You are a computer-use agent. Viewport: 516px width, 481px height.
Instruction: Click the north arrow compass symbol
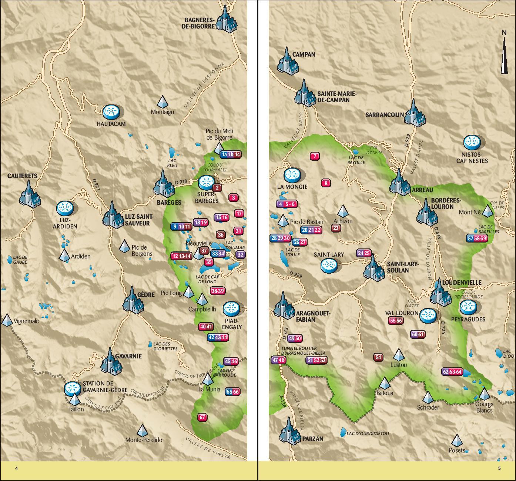coord(504,53)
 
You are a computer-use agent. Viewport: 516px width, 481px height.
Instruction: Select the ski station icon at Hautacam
coord(111,112)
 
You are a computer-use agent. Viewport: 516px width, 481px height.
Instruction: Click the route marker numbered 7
coord(315,156)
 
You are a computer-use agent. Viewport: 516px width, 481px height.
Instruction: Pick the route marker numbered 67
coord(202,417)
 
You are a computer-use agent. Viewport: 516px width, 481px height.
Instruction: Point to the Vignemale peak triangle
coord(7,320)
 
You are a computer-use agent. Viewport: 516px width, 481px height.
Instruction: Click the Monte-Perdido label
coord(144,440)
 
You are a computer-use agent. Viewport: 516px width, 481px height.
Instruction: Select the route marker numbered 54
coord(378,357)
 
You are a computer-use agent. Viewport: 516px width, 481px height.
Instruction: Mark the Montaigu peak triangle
coord(162,101)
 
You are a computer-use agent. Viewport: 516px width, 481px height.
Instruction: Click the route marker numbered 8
coord(326,183)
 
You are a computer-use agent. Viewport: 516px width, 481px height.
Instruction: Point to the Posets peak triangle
coord(457,440)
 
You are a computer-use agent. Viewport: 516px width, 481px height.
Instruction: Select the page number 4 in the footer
coord(16,468)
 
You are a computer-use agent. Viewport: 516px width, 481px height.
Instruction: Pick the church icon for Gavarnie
coord(111,361)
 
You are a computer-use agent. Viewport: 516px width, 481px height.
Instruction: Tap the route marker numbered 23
coord(336,228)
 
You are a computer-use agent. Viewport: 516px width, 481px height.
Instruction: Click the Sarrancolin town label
coord(384,115)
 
